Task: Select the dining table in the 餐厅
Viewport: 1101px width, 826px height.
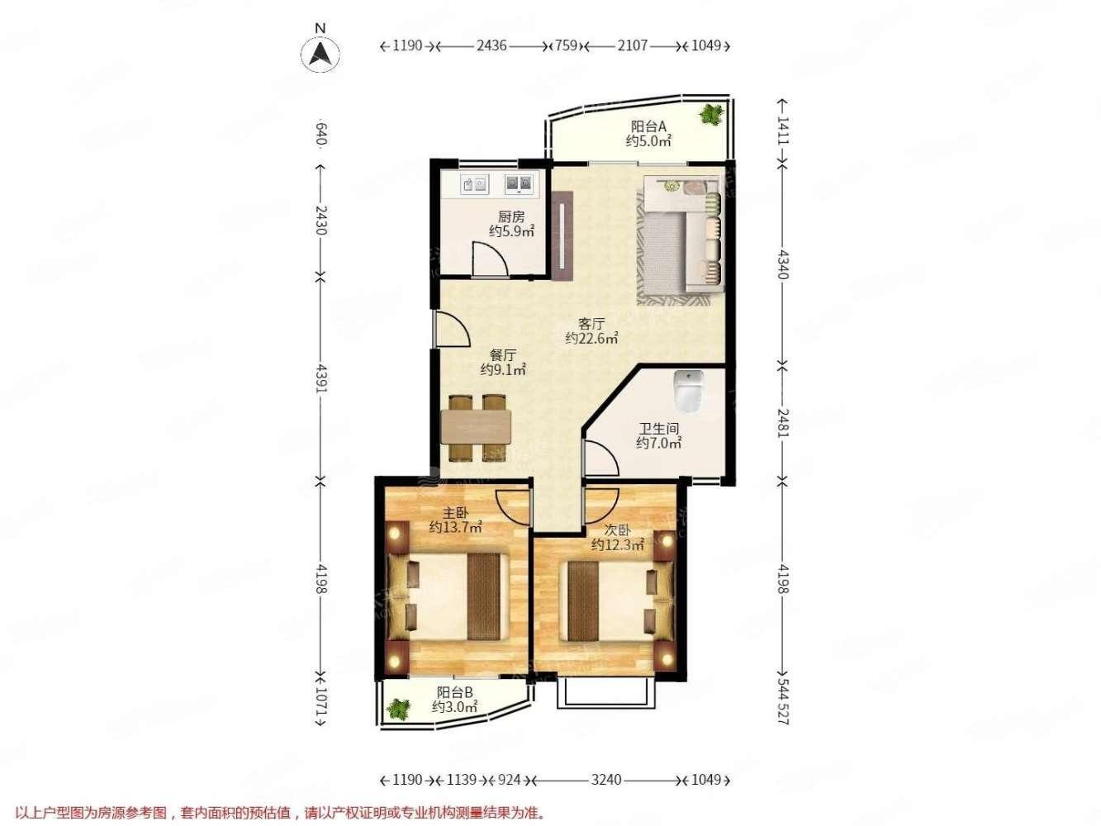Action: click(x=476, y=427)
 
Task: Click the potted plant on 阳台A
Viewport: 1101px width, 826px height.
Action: click(x=712, y=115)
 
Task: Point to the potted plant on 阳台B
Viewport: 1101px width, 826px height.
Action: click(x=398, y=710)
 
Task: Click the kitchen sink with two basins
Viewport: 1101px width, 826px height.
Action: click(x=519, y=184)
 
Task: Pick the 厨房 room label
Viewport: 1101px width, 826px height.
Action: click(x=511, y=217)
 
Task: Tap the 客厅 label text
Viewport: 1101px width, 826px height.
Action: click(x=591, y=324)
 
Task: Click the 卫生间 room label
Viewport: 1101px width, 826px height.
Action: click(x=658, y=429)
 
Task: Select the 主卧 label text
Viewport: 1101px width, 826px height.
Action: click(x=455, y=513)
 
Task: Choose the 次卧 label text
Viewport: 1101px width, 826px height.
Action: click(x=617, y=530)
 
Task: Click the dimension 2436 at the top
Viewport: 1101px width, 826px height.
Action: click(x=491, y=45)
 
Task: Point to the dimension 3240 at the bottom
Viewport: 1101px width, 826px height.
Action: click(x=606, y=780)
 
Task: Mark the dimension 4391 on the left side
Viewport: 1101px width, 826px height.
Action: click(x=321, y=379)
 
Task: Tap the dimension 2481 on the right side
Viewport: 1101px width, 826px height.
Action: click(x=782, y=423)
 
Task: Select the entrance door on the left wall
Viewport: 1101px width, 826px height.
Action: click(x=452, y=329)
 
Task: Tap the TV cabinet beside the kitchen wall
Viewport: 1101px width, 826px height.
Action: click(x=562, y=235)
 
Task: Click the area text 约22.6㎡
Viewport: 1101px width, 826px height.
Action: click(x=591, y=339)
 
